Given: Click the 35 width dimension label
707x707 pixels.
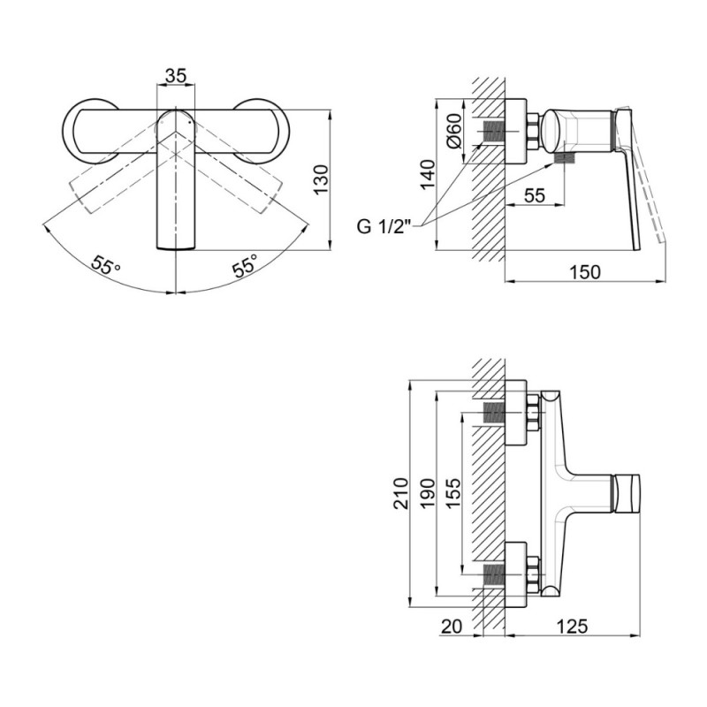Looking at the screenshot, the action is [175, 76].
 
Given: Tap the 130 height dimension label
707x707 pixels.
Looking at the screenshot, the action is [322, 180].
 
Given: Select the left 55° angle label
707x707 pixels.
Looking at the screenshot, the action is [105, 265].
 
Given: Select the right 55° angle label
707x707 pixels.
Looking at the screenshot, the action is [246, 265].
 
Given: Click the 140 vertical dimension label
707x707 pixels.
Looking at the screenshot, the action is [429, 175].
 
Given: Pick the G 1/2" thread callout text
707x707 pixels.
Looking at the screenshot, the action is [384, 226].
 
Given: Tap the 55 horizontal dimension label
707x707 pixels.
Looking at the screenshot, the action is [535, 195].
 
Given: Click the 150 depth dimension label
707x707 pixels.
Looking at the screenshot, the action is [585, 272].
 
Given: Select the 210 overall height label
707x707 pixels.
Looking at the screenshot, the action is [401, 494].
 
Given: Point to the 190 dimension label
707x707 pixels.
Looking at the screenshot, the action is [428, 494].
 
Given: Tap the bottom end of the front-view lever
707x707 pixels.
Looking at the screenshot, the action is [176, 248].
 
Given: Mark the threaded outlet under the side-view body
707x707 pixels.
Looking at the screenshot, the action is [566, 158].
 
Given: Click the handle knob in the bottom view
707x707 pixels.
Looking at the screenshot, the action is [627, 493].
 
